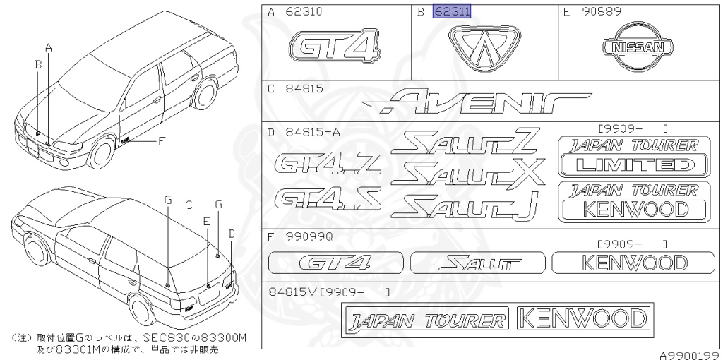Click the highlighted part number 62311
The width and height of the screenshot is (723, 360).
pyautogui.click(x=452, y=11)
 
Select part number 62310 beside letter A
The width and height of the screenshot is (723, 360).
pyautogui.click(x=304, y=12)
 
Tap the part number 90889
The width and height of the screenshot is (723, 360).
pyautogui.click(x=602, y=12)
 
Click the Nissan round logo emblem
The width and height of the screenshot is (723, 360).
pyautogui.click(x=638, y=48)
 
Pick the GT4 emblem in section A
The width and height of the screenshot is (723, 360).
pyautogui.click(x=335, y=47)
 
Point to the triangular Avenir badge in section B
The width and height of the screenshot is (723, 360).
pyautogui.click(x=485, y=48)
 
